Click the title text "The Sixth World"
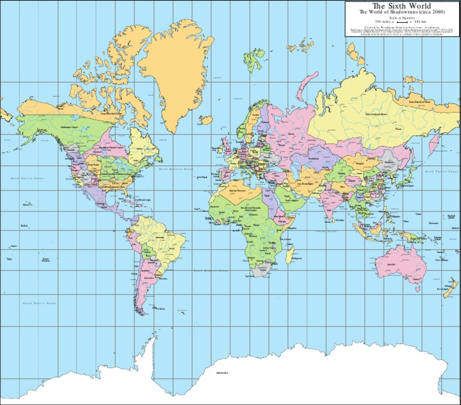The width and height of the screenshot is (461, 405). pos(402,6)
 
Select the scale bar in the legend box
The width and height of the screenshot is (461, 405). pos(402,22)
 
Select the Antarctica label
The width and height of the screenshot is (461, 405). pos(223,373)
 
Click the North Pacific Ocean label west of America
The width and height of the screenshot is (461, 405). pos(28,178)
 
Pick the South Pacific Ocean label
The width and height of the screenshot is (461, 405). pos(39,303)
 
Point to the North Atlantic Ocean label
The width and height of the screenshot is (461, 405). pos(175,170)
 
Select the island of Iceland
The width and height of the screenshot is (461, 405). pos(206,120)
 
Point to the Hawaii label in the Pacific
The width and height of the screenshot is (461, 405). pos(26,205)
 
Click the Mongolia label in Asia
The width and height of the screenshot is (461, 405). pos(360,162)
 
